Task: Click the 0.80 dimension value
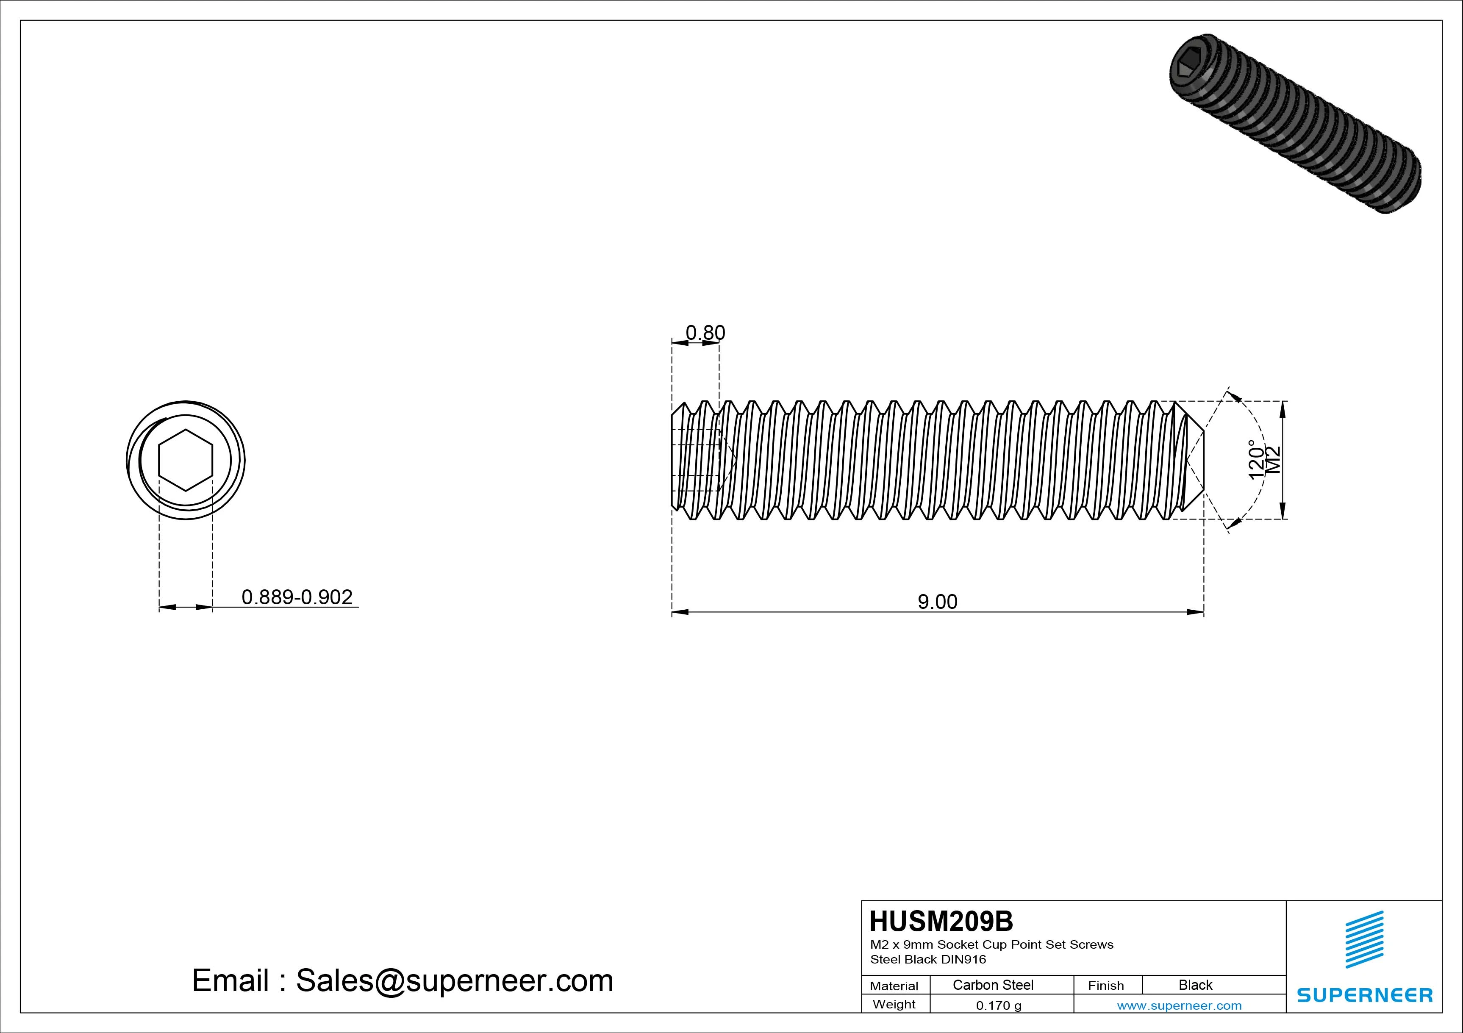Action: click(705, 333)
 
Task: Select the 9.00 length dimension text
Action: click(937, 602)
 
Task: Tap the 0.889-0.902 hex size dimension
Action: click(297, 597)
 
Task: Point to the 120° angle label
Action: click(1255, 459)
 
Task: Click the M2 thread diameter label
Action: click(1272, 460)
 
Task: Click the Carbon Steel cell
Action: click(993, 985)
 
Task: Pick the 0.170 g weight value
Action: click(999, 1005)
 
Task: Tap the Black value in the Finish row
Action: click(1195, 985)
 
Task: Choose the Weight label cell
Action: click(894, 1004)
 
